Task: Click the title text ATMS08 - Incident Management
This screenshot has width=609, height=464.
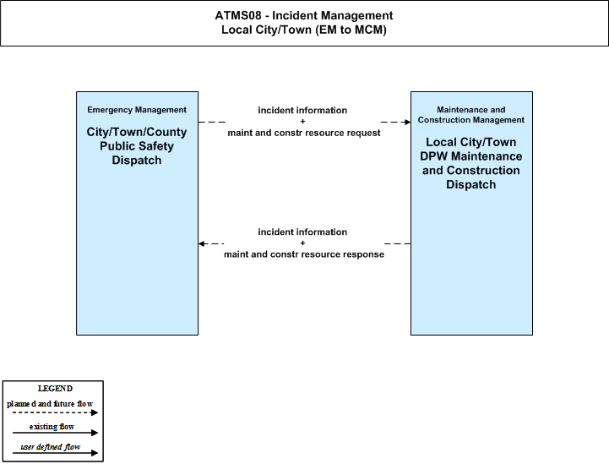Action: point(304,15)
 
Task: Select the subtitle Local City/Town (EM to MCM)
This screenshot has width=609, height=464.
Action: point(304,30)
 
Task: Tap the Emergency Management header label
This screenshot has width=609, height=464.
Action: point(137,110)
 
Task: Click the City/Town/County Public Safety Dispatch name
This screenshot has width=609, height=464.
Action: point(137,146)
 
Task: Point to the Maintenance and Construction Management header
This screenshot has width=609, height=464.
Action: point(471,115)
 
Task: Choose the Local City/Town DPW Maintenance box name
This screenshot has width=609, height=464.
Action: point(471,163)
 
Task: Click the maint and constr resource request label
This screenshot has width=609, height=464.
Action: point(304,133)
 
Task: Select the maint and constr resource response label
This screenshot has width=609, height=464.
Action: point(304,254)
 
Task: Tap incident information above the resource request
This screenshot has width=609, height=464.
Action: point(302,111)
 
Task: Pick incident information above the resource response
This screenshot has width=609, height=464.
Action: point(302,232)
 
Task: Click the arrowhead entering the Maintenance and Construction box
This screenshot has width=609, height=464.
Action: point(408,122)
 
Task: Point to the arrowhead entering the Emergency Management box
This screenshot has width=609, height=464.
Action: point(201,243)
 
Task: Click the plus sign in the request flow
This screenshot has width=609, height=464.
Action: point(302,121)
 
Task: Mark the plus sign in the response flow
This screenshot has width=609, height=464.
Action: point(302,243)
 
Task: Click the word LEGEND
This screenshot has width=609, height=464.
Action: point(55,389)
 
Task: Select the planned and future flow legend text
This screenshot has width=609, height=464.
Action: point(50,404)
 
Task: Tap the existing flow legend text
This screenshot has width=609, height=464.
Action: point(52,427)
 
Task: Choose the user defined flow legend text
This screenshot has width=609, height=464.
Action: point(51,447)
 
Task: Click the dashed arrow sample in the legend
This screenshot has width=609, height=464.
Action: point(55,412)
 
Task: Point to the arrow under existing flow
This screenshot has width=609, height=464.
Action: point(55,433)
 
